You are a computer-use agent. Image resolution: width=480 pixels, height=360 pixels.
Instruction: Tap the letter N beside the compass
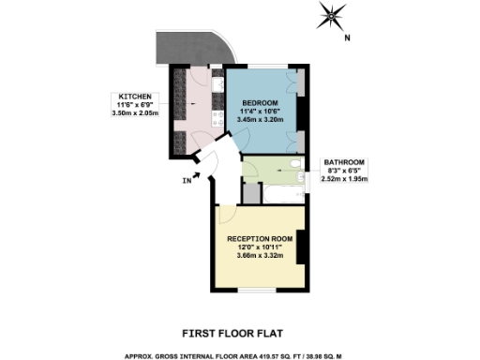pyautogui.click(x=347, y=38)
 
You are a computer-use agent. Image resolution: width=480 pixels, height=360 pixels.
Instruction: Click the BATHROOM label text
pyautogui.click(x=344, y=161)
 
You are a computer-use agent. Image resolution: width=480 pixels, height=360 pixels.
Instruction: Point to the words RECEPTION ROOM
pyautogui.click(x=261, y=239)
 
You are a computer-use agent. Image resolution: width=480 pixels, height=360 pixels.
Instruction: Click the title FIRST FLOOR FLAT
pyautogui.click(x=239, y=332)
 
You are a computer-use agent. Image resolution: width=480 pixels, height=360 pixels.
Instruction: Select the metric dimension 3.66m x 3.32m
pyautogui.click(x=261, y=256)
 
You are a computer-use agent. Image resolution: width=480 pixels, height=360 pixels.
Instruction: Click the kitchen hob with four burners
pyautogui.click(x=217, y=116)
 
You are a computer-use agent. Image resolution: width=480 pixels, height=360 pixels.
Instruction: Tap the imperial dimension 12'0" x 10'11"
pyautogui.click(x=261, y=247)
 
